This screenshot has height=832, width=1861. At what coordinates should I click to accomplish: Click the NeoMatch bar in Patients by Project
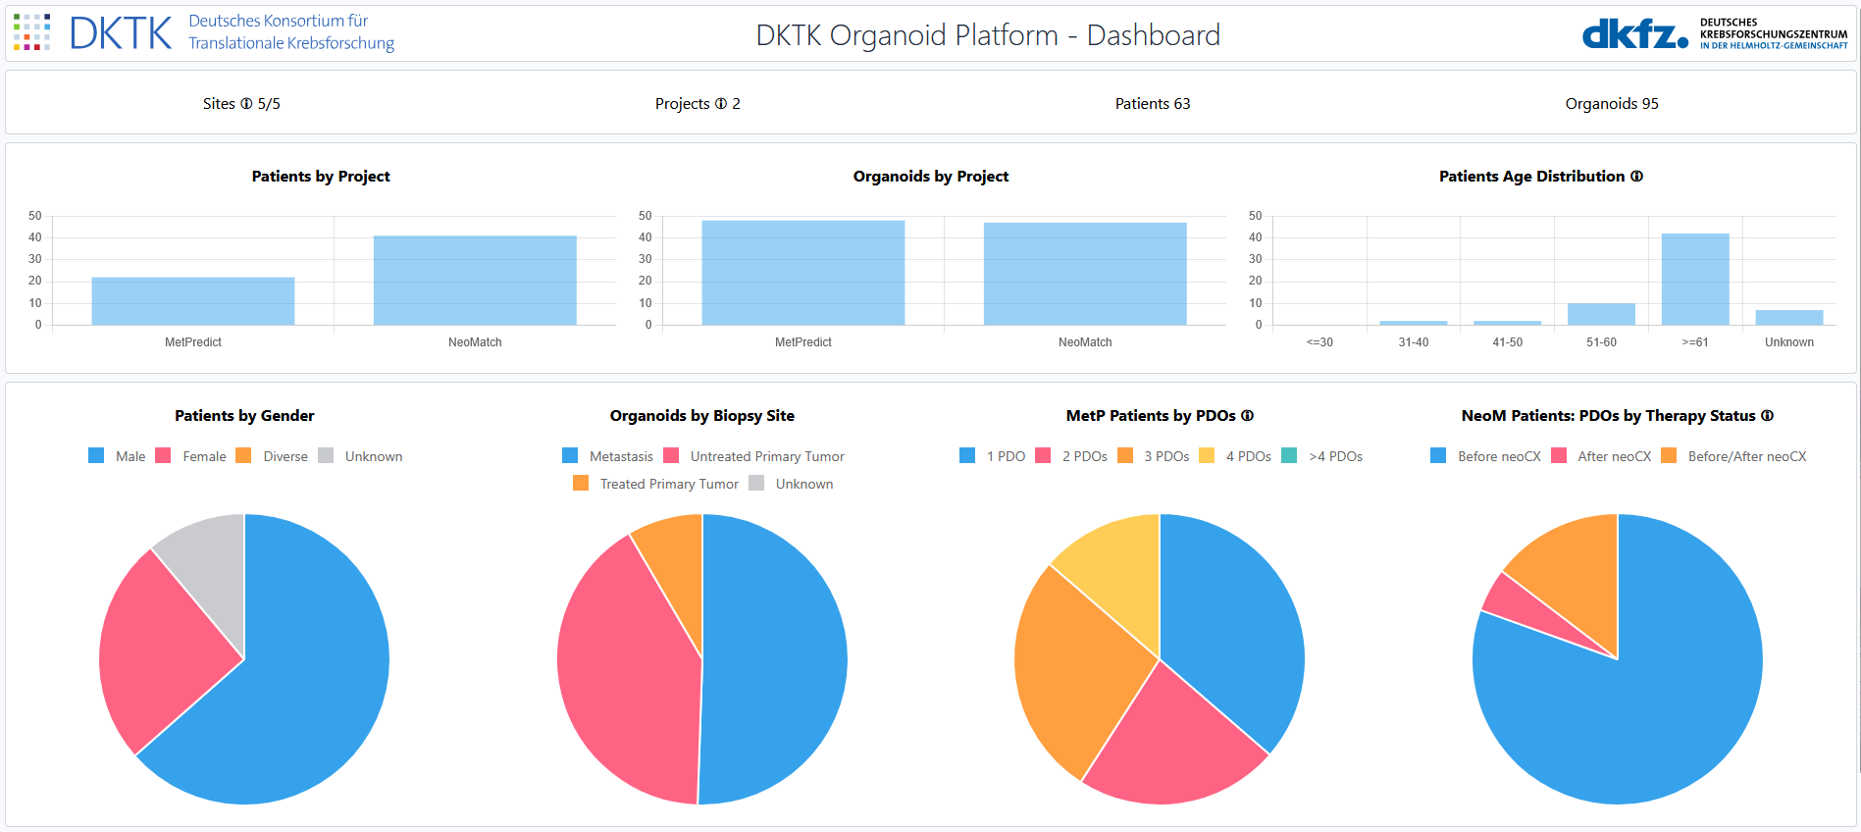click(x=475, y=281)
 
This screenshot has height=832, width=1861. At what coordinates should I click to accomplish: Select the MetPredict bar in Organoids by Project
click(x=802, y=273)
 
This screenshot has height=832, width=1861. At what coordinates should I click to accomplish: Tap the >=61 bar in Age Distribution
click(x=1694, y=280)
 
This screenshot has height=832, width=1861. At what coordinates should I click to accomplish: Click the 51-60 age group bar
click(x=1601, y=314)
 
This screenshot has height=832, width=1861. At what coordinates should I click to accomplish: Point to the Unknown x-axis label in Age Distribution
click(x=1788, y=342)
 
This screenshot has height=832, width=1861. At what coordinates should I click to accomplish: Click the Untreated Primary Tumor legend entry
click(x=754, y=456)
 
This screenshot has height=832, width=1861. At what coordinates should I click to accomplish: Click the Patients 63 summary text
click(x=1152, y=104)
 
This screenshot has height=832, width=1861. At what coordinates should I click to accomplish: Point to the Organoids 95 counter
click(x=1611, y=104)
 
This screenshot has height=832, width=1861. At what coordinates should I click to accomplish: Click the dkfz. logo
click(x=1634, y=34)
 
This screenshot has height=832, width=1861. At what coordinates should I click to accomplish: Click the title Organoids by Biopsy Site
click(x=701, y=416)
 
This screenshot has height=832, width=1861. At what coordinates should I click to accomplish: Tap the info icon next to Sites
click(x=246, y=104)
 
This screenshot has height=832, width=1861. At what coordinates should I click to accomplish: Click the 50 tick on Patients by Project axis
click(x=35, y=216)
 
